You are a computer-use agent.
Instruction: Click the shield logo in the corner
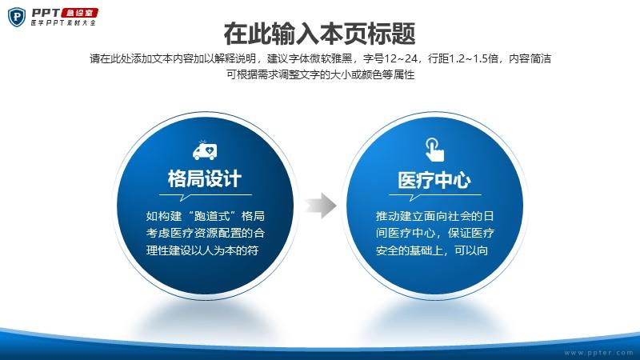17,18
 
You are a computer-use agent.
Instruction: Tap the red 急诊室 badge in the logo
79,13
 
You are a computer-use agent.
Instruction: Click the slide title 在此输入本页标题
319,34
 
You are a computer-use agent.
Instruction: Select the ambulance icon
205,150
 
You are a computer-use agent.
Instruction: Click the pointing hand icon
434,150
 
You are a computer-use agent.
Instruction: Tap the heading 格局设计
205,179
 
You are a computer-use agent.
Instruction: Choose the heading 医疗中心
434,181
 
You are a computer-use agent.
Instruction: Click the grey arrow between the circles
321,206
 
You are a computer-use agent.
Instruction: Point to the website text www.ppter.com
598,353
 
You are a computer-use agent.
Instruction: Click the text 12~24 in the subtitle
401,58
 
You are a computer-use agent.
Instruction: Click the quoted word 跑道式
216,215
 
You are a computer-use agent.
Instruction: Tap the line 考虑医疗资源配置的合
206,233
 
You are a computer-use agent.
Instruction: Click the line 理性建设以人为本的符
202,250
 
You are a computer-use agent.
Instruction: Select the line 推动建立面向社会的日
434,216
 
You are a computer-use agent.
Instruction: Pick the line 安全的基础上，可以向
432,250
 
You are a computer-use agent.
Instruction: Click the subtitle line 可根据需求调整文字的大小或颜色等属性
321,74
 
